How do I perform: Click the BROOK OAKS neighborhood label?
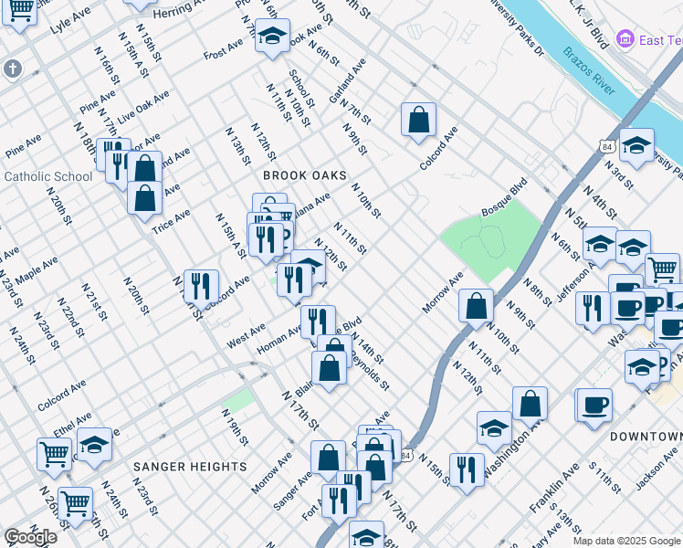tap(305, 174)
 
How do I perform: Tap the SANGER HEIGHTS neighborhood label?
tap(190, 466)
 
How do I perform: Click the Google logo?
tap(30, 536)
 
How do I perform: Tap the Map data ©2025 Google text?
tap(627, 541)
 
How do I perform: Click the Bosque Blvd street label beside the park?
tap(504, 198)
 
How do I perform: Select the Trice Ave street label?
tap(171, 220)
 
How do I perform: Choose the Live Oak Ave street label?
tap(143, 107)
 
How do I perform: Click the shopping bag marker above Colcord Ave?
tap(418, 119)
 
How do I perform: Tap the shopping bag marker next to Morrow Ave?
tap(476, 306)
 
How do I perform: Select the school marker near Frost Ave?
tap(272, 36)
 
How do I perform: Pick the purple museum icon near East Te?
tap(625, 39)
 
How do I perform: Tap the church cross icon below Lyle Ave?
tap(12, 68)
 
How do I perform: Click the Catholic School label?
tap(48, 176)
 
